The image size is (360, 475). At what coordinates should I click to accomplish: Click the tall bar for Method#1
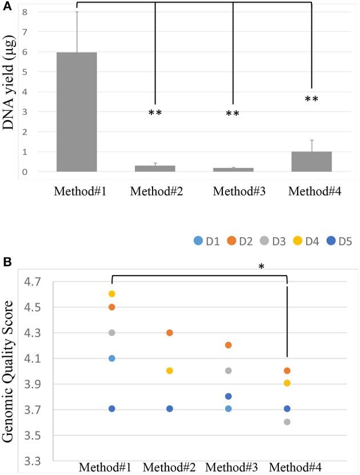coord(77,111)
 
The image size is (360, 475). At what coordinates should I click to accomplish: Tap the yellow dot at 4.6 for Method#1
coord(112,294)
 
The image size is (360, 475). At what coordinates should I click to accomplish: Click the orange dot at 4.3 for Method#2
coord(170,333)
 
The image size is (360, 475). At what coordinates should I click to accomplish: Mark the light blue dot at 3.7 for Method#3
coord(229,409)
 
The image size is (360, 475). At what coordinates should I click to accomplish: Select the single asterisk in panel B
coord(261,266)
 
